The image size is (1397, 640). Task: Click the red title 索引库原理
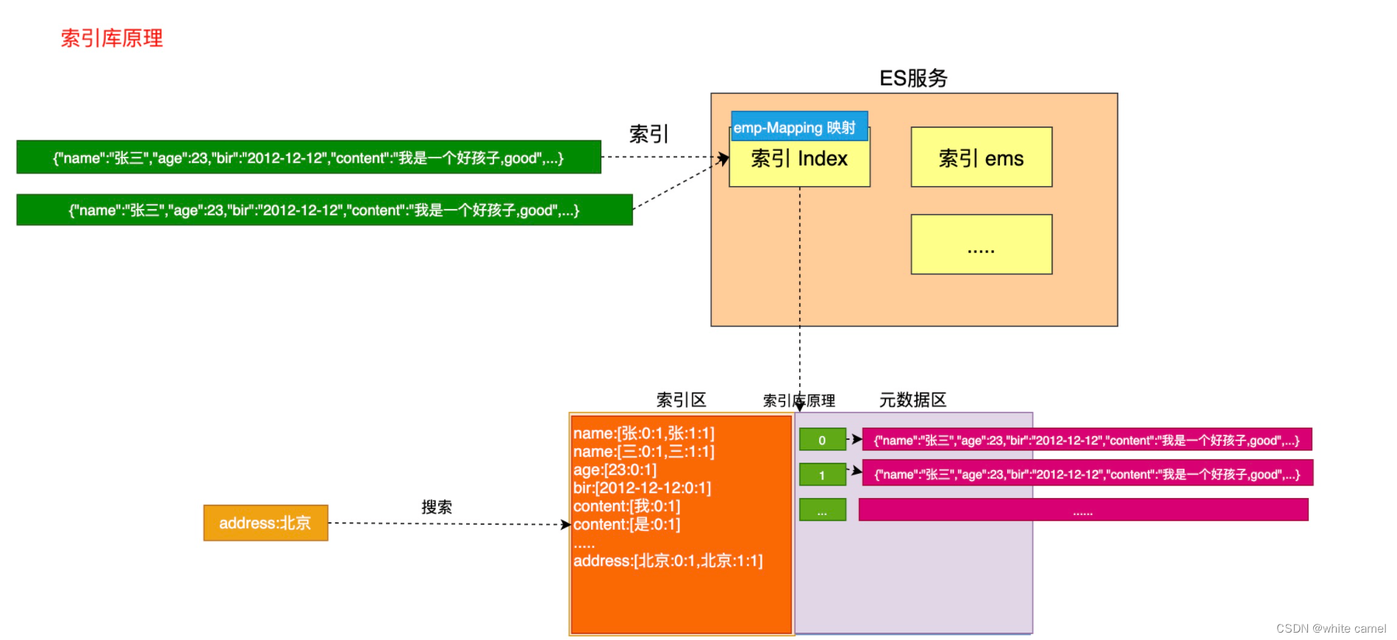click(x=112, y=38)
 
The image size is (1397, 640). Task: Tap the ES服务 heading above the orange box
click(x=913, y=78)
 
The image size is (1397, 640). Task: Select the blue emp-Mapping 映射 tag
click(x=798, y=127)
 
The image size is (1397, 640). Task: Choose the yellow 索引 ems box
click(x=981, y=157)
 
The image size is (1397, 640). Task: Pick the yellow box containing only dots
click(x=981, y=244)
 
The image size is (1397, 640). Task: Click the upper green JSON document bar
click(x=308, y=157)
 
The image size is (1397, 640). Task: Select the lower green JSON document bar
click(x=324, y=210)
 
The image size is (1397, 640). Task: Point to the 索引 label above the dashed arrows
click(x=649, y=134)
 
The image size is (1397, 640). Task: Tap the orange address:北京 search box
click(x=265, y=523)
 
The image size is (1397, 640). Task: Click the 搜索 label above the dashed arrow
click(x=437, y=507)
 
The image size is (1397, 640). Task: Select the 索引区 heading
click(x=681, y=400)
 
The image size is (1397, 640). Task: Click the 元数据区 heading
click(x=912, y=400)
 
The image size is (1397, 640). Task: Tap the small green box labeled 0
click(x=822, y=440)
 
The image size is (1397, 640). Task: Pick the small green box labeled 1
click(x=822, y=474)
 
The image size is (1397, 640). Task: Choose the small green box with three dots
click(x=822, y=510)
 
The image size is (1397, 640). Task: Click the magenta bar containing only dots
click(x=1083, y=510)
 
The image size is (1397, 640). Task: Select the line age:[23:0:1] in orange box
click(x=615, y=469)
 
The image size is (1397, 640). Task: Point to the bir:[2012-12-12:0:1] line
click(x=642, y=488)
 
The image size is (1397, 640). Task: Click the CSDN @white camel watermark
click(x=1330, y=628)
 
